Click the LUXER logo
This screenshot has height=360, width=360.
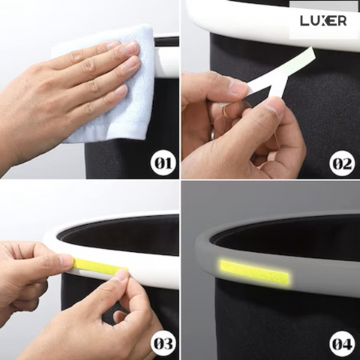[x=323, y=21]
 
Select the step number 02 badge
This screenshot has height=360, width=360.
[x=343, y=163]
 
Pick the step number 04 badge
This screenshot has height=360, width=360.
[x=343, y=344]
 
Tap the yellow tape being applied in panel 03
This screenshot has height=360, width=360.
[x=100, y=264]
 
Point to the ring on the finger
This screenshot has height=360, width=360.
[x=212, y=132]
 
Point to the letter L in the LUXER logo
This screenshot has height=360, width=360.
[x=304, y=21]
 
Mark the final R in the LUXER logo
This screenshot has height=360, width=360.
[x=342, y=21]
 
